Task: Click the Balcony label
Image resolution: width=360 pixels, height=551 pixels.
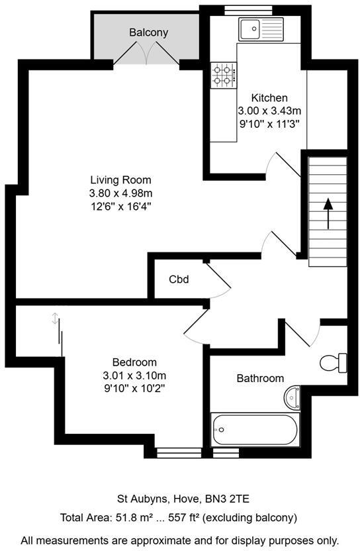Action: [x=148, y=32]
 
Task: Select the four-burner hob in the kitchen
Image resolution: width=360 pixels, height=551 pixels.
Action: [x=224, y=74]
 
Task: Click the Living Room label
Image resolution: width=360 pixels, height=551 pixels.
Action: [x=120, y=180]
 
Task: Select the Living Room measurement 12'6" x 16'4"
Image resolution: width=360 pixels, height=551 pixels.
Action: [x=120, y=205]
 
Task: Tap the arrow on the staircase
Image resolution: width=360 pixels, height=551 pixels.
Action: [x=328, y=213]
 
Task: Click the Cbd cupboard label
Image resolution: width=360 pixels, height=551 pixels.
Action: [x=179, y=279]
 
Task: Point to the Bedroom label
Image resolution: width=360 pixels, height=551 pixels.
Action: [x=134, y=362]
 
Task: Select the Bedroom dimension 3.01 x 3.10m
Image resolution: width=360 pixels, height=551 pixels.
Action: [x=134, y=375]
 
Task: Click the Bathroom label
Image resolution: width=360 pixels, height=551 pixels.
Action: [x=260, y=378]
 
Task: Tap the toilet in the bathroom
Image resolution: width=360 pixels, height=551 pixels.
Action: [x=333, y=362]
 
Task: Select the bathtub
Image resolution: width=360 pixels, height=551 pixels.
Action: [x=254, y=431]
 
